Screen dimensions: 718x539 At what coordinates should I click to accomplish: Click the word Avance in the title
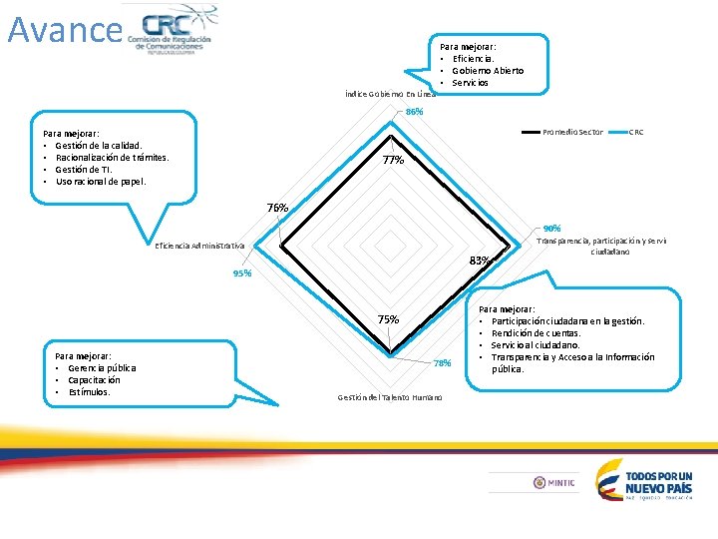[64, 29]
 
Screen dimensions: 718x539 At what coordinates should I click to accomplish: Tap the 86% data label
[414, 112]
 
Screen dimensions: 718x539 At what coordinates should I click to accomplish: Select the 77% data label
[393, 160]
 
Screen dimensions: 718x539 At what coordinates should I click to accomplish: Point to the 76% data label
[277, 208]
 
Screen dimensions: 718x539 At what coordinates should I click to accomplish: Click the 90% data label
[551, 229]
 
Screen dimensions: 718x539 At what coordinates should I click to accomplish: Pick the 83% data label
[480, 261]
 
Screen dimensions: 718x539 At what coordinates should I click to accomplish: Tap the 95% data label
[241, 273]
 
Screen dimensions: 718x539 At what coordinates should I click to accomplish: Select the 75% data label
[388, 319]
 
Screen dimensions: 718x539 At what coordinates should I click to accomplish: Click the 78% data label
[443, 363]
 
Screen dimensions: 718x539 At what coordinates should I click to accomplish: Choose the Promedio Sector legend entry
[571, 132]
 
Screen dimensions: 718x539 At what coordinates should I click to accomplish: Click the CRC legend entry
[637, 132]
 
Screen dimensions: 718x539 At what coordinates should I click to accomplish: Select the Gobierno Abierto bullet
[488, 71]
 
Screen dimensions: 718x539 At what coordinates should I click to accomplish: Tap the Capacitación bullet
[94, 380]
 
